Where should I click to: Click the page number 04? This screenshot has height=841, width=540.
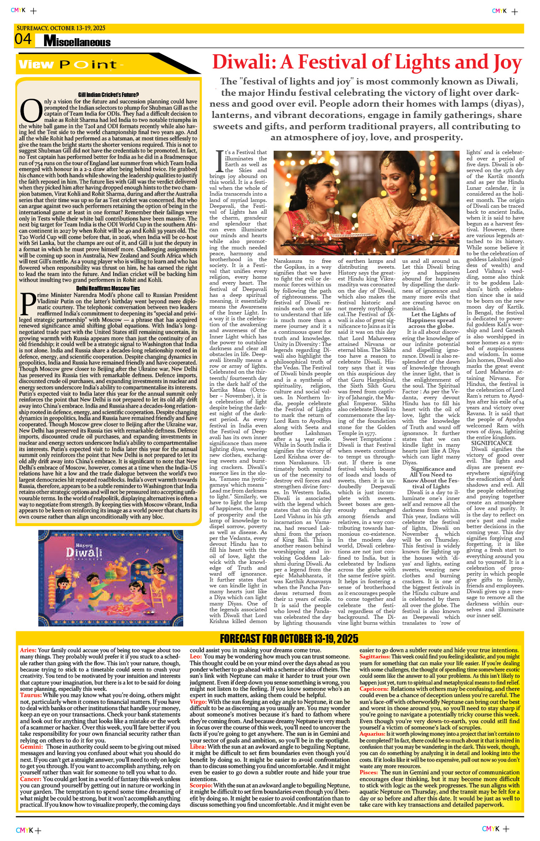[x=23, y=39]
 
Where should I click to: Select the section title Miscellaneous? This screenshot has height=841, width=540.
[x=77, y=42]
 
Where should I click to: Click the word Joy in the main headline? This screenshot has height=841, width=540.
[x=507, y=63]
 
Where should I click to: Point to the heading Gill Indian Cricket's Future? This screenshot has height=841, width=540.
[x=108, y=95]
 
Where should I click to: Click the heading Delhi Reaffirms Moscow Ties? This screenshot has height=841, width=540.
[x=108, y=288]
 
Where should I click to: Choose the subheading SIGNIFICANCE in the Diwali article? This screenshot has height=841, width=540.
[x=491, y=443]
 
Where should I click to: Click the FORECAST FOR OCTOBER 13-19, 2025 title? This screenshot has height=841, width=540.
[x=289, y=639]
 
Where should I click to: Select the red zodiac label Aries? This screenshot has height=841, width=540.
[x=28, y=650]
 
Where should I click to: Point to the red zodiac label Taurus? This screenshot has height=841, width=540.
[x=30, y=695]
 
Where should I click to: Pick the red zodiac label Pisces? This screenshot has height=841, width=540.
[x=369, y=772]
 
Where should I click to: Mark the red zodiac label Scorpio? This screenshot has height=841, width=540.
[x=200, y=785]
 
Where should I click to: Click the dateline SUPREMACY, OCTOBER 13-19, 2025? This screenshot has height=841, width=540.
[x=61, y=28]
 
